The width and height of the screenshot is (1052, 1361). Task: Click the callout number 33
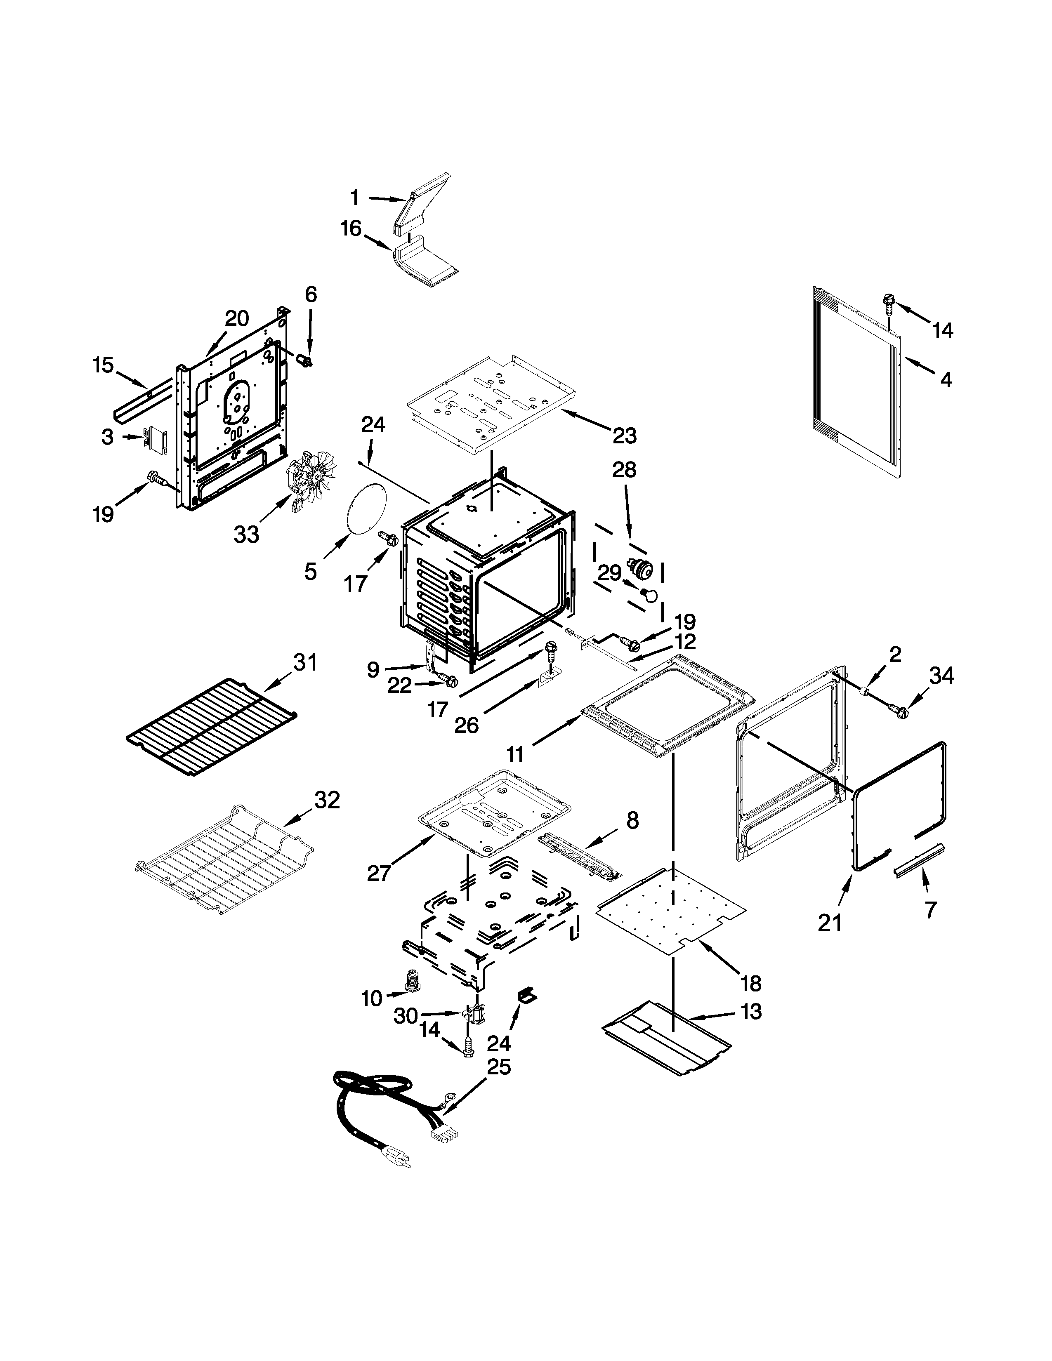[x=246, y=534]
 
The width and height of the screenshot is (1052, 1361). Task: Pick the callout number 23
[x=624, y=436]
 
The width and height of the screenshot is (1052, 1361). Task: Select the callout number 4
[x=946, y=379]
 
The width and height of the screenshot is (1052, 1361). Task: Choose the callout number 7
[x=930, y=910]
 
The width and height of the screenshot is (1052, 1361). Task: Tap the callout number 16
[x=351, y=229]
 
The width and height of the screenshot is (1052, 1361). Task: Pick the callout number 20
[x=236, y=318]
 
